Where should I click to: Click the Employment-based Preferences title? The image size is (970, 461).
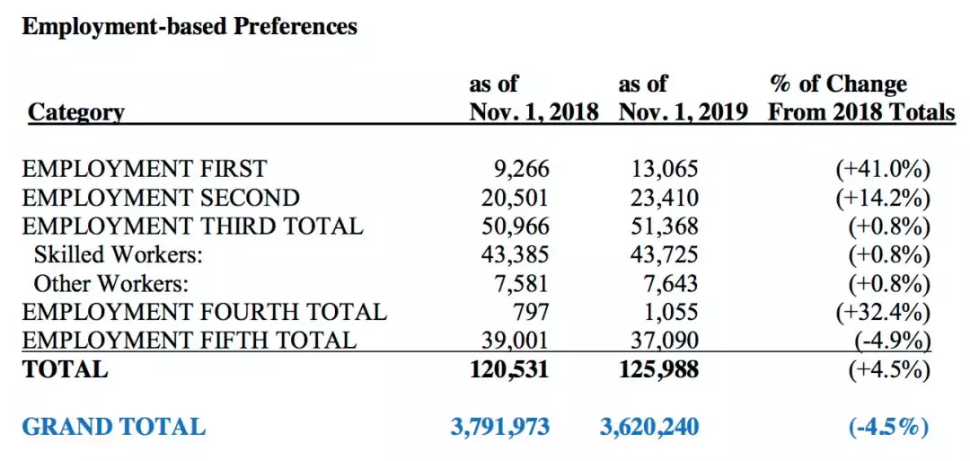[190, 27]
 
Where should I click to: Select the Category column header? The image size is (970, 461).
[75, 112]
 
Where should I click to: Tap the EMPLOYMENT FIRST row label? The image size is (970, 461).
[144, 168]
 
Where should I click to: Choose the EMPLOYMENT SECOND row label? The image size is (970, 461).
[161, 198]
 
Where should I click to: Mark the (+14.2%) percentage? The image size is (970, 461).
[882, 199]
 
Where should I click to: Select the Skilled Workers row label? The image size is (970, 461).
[119, 255]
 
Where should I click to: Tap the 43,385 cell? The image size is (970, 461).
[516, 255]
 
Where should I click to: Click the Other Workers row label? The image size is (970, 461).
[110, 283]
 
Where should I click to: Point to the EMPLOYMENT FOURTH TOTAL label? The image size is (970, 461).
[204, 311]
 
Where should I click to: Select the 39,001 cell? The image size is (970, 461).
[516, 341]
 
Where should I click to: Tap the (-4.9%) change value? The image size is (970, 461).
[888, 341]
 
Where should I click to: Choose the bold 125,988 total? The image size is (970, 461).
[659, 369]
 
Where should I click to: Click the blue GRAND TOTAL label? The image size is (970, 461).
[113, 427]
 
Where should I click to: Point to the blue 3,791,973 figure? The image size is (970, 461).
[500, 427]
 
